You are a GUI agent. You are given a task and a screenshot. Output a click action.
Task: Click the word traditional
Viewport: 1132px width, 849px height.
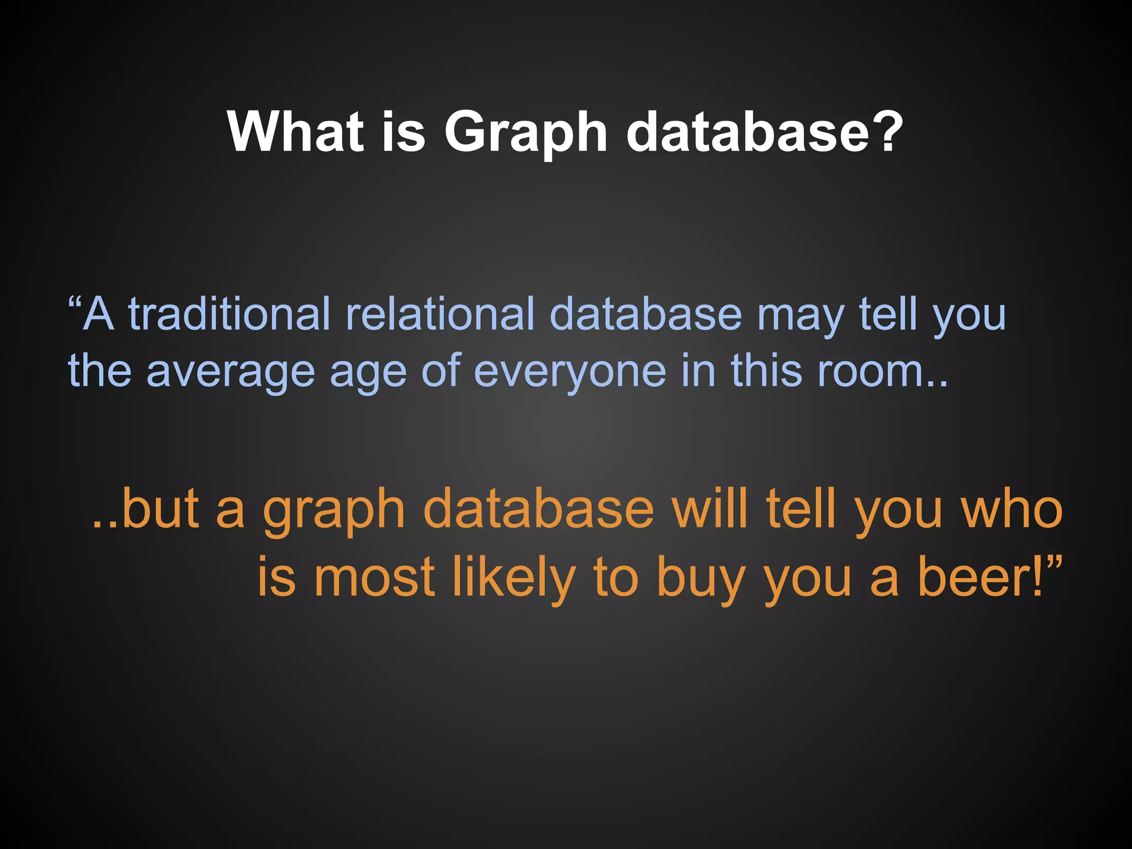[x=229, y=314]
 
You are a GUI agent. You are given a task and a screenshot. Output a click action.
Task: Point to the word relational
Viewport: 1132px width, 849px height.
[x=440, y=314]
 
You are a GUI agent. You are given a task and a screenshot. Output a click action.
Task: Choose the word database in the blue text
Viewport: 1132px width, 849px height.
[x=646, y=314]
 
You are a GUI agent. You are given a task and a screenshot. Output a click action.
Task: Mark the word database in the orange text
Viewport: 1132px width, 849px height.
[x=539, y=509]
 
